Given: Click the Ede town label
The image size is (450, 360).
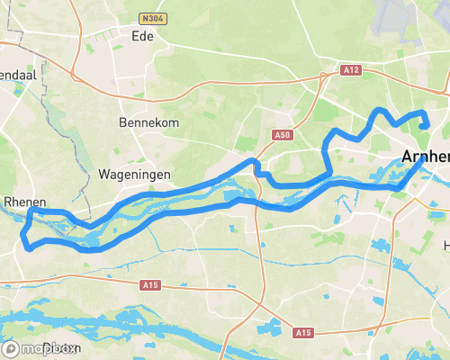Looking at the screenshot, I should [x=142, y=37].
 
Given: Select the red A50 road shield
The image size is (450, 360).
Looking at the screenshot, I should [x=283, y=135].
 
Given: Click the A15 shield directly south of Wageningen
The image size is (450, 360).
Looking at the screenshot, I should [x=151, y=284].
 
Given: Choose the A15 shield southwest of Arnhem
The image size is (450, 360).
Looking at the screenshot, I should [x=303, y=333].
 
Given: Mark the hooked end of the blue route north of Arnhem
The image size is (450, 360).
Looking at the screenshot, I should [x=423, y=124].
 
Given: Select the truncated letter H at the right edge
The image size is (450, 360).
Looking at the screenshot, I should [x=445, y=245].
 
